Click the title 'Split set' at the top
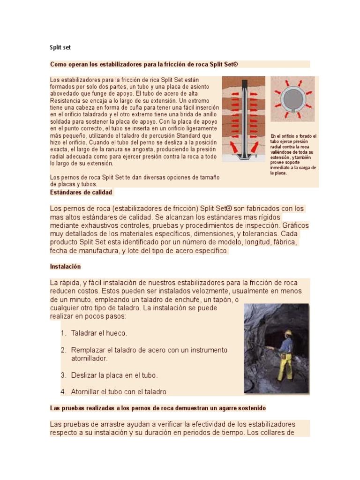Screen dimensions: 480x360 point(60,47)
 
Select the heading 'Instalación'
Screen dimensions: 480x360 point(65,267)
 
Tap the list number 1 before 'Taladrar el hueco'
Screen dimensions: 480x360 point(63,333)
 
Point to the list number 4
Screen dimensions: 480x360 point(63,392)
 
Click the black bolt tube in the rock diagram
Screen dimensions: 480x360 point(244,117)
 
